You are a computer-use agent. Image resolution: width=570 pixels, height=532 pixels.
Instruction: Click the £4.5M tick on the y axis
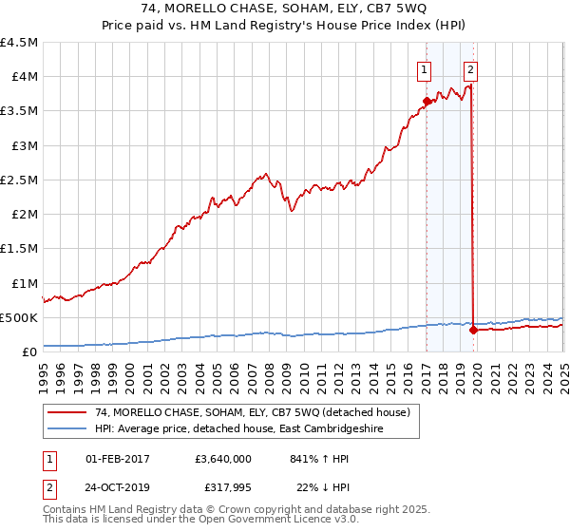20,43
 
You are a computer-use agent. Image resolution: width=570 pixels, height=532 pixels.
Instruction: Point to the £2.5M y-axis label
20,180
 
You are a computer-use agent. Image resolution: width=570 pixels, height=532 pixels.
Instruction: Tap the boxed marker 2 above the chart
470,68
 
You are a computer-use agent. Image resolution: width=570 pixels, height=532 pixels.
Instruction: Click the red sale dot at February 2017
427,102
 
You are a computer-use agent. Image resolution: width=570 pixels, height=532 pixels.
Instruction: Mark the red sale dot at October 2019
473,330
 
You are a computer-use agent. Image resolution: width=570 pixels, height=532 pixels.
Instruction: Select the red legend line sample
68,413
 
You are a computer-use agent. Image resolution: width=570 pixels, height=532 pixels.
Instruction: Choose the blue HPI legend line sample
68,429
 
